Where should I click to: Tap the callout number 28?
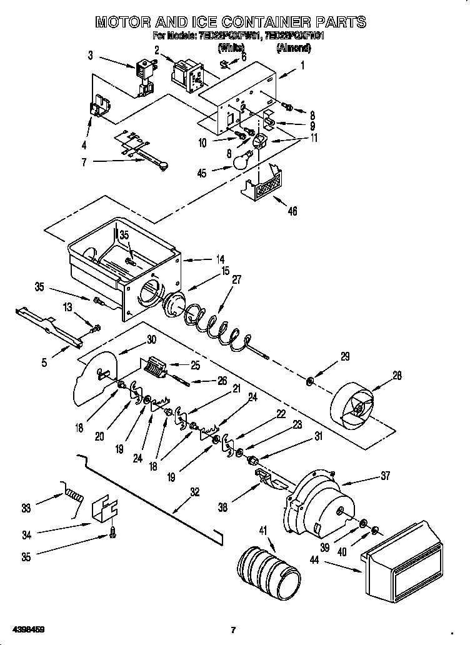(x=397, y=376)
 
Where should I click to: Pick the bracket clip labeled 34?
(x=104, y=508)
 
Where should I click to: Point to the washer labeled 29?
(x=311, y=381)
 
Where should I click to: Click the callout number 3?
(x=91, y=56)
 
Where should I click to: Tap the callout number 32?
(x=196, y=492)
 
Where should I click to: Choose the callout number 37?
(x=384, y=476)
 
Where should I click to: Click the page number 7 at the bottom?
(x=232, y=629)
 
